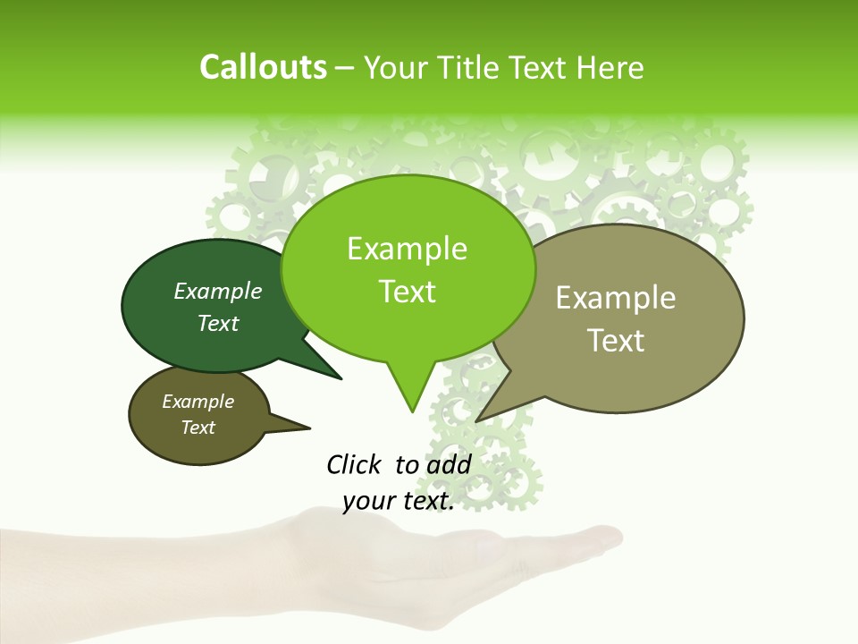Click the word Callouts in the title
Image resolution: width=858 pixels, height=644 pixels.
pyautogui.click(x=263, y=67)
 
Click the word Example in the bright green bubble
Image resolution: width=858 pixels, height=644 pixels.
pyautogui.click(x=407, y=250)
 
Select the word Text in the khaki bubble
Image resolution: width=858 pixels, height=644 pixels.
pyautogui.click(x=615, y=341)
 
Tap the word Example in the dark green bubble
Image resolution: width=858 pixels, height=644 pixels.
pyautogui.click(x=218, y=292)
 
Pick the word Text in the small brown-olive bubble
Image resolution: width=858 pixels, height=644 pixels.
pyautogui.click(x=198, y=428)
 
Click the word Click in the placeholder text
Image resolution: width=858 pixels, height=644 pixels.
pyautogui.click(x=355, y=464)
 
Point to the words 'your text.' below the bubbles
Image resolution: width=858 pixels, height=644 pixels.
pyautogui.click(x=399, y=502)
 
